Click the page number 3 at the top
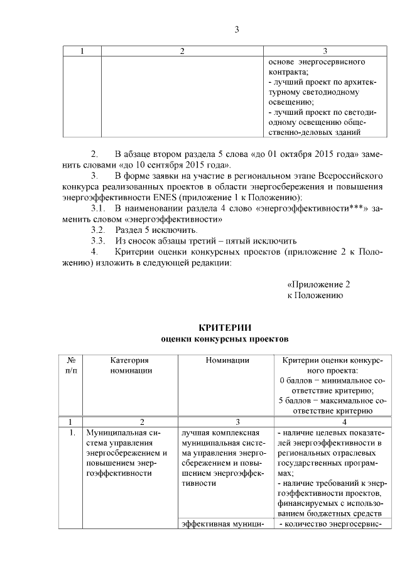[x=237, y=29]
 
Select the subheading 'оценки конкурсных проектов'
[x=224, y=340]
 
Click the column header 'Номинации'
[x=227, y=360]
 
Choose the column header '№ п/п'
[x=72, y=365]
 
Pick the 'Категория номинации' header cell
[x=131, y=365]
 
